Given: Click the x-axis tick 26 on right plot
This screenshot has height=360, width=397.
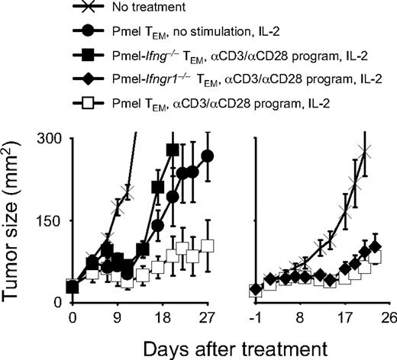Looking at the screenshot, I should pos(388,317).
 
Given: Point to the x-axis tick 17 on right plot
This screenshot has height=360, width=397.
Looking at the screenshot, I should pos(345,317).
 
